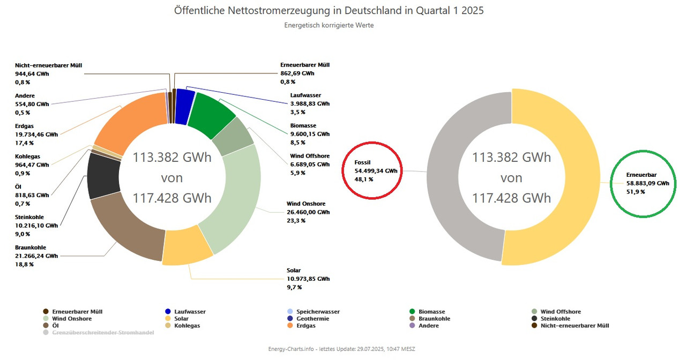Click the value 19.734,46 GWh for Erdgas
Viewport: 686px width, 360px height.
coord(36,134)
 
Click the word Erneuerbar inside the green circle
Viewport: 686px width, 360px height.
coord(642,175)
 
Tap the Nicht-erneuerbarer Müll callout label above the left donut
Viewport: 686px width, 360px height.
coord(49,65)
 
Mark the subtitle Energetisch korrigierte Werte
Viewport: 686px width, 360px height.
coord(329,25)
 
